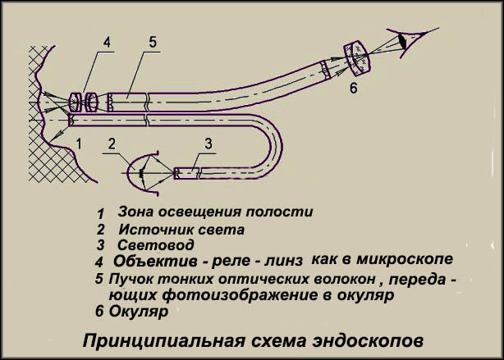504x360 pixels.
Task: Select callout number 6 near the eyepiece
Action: tap(353, 88)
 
